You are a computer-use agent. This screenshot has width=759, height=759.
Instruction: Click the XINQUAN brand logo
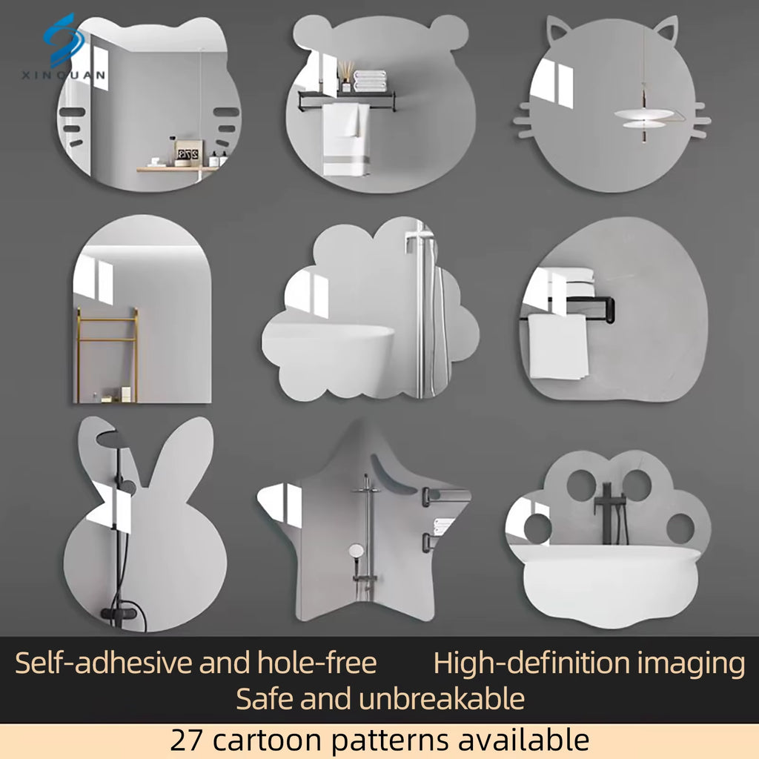point(63,47)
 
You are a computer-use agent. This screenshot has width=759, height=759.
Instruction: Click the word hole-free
point(316,662)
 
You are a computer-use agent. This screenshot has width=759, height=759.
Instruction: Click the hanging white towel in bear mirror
point(346,139)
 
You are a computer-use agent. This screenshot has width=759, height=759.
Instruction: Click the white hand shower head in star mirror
point(357,551)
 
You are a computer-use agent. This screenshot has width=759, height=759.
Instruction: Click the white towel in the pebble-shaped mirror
point(557,346)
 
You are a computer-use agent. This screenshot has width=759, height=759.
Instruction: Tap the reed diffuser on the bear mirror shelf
point(345,76)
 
